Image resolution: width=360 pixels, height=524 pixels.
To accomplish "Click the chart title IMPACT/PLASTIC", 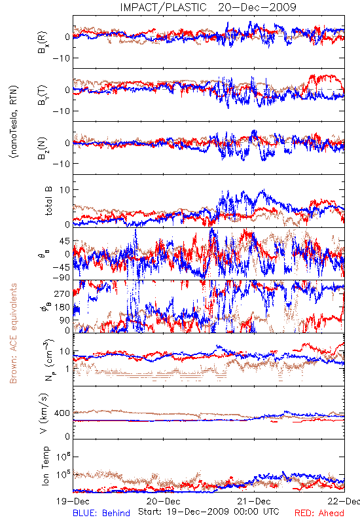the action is (163, 7).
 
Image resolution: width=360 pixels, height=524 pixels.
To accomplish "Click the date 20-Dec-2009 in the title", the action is (257, 7).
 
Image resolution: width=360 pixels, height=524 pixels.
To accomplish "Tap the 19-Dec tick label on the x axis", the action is (73, 501).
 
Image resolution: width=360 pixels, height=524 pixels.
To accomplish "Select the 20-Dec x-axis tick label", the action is (164, 501).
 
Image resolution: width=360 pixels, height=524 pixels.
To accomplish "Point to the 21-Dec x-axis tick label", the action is (254, 501).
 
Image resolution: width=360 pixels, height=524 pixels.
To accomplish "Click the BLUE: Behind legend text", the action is (101, 513).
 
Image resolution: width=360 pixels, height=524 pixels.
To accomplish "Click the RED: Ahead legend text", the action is (319, 513).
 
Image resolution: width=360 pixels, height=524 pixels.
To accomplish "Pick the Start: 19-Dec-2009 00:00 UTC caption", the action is (209, 512).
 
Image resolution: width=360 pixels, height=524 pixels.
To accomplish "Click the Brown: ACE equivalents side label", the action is (13, 333).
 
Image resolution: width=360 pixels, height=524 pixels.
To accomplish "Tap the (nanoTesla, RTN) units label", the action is (14, 122).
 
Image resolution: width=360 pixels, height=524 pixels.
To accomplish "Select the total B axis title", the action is (48, 201).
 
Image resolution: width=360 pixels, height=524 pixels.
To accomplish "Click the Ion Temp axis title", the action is (46, 466).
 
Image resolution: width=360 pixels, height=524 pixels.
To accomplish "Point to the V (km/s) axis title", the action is (44, 413).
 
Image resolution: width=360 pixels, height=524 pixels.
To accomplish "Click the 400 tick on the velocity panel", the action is (62, 413).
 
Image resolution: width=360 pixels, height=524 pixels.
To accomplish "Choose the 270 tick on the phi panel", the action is (62, 293).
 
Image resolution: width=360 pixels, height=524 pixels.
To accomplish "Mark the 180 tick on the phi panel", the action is (62, 307).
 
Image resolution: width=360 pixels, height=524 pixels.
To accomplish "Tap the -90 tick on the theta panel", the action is (62, 278).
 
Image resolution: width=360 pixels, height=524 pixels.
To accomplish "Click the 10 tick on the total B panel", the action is (65, 190).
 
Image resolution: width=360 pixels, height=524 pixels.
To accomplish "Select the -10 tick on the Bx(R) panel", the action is (62, 58).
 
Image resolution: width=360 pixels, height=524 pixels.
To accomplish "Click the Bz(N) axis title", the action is (43, 148).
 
